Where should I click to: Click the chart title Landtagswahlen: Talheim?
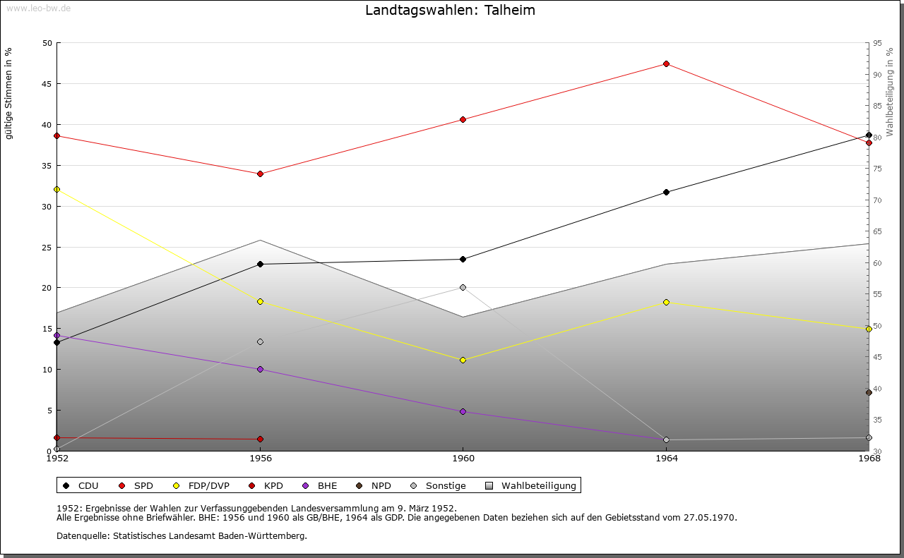[x=450, y=11]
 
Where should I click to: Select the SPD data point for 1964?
[x=666, y=64]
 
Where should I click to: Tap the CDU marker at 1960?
[x=463, y=259]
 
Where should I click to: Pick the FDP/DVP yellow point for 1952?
[x=57, y=189]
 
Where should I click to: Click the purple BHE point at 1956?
[x=260, y=369]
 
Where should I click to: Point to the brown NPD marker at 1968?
[x=869, y=392]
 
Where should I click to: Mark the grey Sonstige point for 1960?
[x=463, y=287]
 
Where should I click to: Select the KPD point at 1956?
[x=260, y=439]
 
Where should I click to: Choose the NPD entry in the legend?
[x=381, y=485]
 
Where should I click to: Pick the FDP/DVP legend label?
[x=208, y=485]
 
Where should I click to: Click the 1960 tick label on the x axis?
[x=463, y=459]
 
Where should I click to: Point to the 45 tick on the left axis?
[x=47, y=84]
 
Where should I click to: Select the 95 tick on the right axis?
[x=877, y=43]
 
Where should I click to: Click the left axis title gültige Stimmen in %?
[x=9, y=93]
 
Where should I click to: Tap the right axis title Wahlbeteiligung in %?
[x=890, y=92]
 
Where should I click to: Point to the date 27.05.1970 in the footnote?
[x=710, y=517]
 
